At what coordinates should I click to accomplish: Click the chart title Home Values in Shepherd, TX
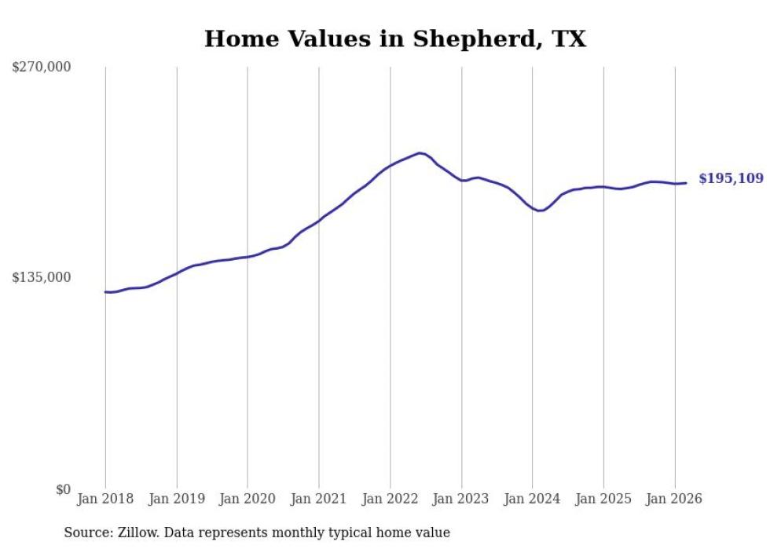pyautogui.click(x=395, y=38)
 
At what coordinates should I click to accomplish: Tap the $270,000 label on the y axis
pyautogui.click(x=42, y=68)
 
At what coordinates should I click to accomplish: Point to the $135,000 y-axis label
pyautogui.click(x=42, y=277)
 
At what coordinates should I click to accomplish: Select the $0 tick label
pyautogui.click(x=64, y=489)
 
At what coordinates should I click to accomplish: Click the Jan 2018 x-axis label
pyautogui.click(x=105, y=499)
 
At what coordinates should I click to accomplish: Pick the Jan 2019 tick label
pyautogui.click(x=177, y=499)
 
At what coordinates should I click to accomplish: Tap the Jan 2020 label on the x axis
pyautogui.click(x=247, y=499)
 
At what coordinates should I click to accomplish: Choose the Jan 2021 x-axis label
pyautogui.click(x=319, y=499)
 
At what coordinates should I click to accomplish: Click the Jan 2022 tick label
pyautogui.click(x=390, y=499)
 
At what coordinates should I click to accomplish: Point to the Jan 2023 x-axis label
pyautogui.click(x=461, y=499)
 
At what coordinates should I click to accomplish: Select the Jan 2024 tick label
pyautogui.click(x=533, y=499)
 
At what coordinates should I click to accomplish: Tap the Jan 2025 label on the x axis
pyautogui.click(x=603, y=499)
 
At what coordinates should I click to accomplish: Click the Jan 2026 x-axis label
pyautogui.click(x=675, y=499)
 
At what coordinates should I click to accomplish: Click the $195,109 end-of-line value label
pyautogui.click(x=731, y=179)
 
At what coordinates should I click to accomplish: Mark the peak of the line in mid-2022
pyautogui.click(x=420, y=153)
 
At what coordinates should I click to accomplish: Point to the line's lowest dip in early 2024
pyautogui.click(x=540, y=210)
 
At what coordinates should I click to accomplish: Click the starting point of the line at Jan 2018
pyautogui.click(x=106, y=292)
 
